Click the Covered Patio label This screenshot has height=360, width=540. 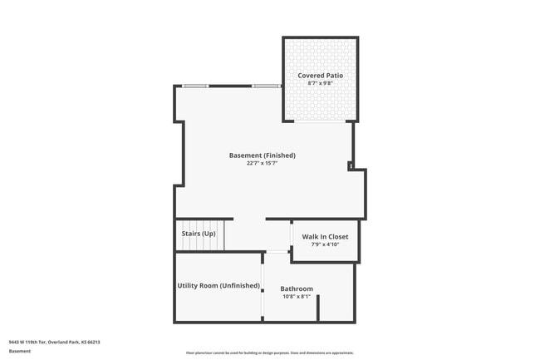point(320,76)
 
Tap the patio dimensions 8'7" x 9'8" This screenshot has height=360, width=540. point(320,83)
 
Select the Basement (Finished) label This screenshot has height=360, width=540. point(263,155)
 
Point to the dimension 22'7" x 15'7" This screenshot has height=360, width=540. point(263,164)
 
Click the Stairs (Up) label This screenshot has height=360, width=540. point(199,234)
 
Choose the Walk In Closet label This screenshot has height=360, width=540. point(325,237)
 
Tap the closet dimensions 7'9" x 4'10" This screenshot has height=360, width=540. point(325,244)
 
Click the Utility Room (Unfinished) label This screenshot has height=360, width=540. point(218,286)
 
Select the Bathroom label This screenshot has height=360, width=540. point(297,288)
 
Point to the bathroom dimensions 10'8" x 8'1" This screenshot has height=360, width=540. point(297,297)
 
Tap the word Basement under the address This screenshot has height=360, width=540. point(20,351)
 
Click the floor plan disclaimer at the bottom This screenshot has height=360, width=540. point(269,353)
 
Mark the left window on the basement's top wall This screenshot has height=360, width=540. point(195,86)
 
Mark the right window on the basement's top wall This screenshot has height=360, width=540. point(265,86)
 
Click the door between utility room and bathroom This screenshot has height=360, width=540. point(263,288)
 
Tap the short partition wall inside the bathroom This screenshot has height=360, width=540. point(318,308)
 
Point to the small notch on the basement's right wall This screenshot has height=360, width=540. point(351,166)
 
